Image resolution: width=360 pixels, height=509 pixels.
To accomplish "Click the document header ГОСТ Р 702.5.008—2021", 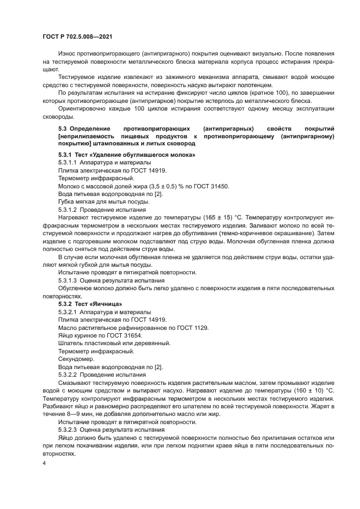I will click(x=77, y=37).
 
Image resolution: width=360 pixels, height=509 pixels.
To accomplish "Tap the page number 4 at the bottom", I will click(x=44, y=462).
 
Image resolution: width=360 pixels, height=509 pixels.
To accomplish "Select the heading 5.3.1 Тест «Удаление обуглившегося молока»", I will click(x=126, y=155).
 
